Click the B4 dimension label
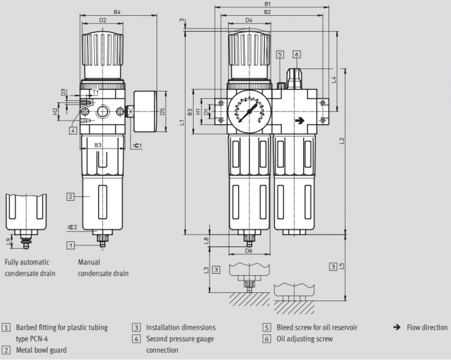pyautogui.click(x=117, y=12)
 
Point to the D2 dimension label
pyautogui.click(x=103, y=21)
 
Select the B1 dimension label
pyautogui.click(x=267, y=4)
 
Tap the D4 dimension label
pyautogui.click(x=248, y=21)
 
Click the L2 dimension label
pyautogui.click(x=341, y=141)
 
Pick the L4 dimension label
pyautogui.click(x=334, y=80)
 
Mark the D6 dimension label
pyautogui.click(x=249, y=251)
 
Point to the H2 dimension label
pyautogui.click(x=56, y=112)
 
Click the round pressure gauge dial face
pyautogui.click(x=247, y=109)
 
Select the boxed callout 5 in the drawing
pyautogui.click(x=281, y=54)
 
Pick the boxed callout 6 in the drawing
pyautogui.click(x=296, y=54)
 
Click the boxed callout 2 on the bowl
pyautogui.click(x=70, y=196)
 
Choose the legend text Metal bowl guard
pyautogui.click(x=41, y=349)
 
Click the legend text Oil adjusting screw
pyautogui.click(x=304, y=339)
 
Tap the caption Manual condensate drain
pyautogui.click(x=103, y=268)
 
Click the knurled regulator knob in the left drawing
pyautogui.click(x=102, y=50)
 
